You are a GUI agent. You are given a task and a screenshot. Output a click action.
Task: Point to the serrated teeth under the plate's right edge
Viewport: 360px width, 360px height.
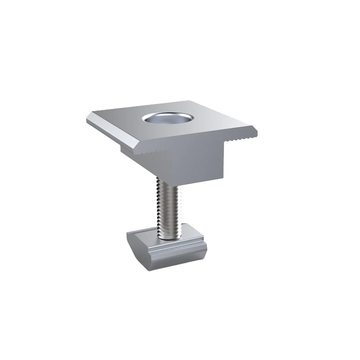click(241, 138)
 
